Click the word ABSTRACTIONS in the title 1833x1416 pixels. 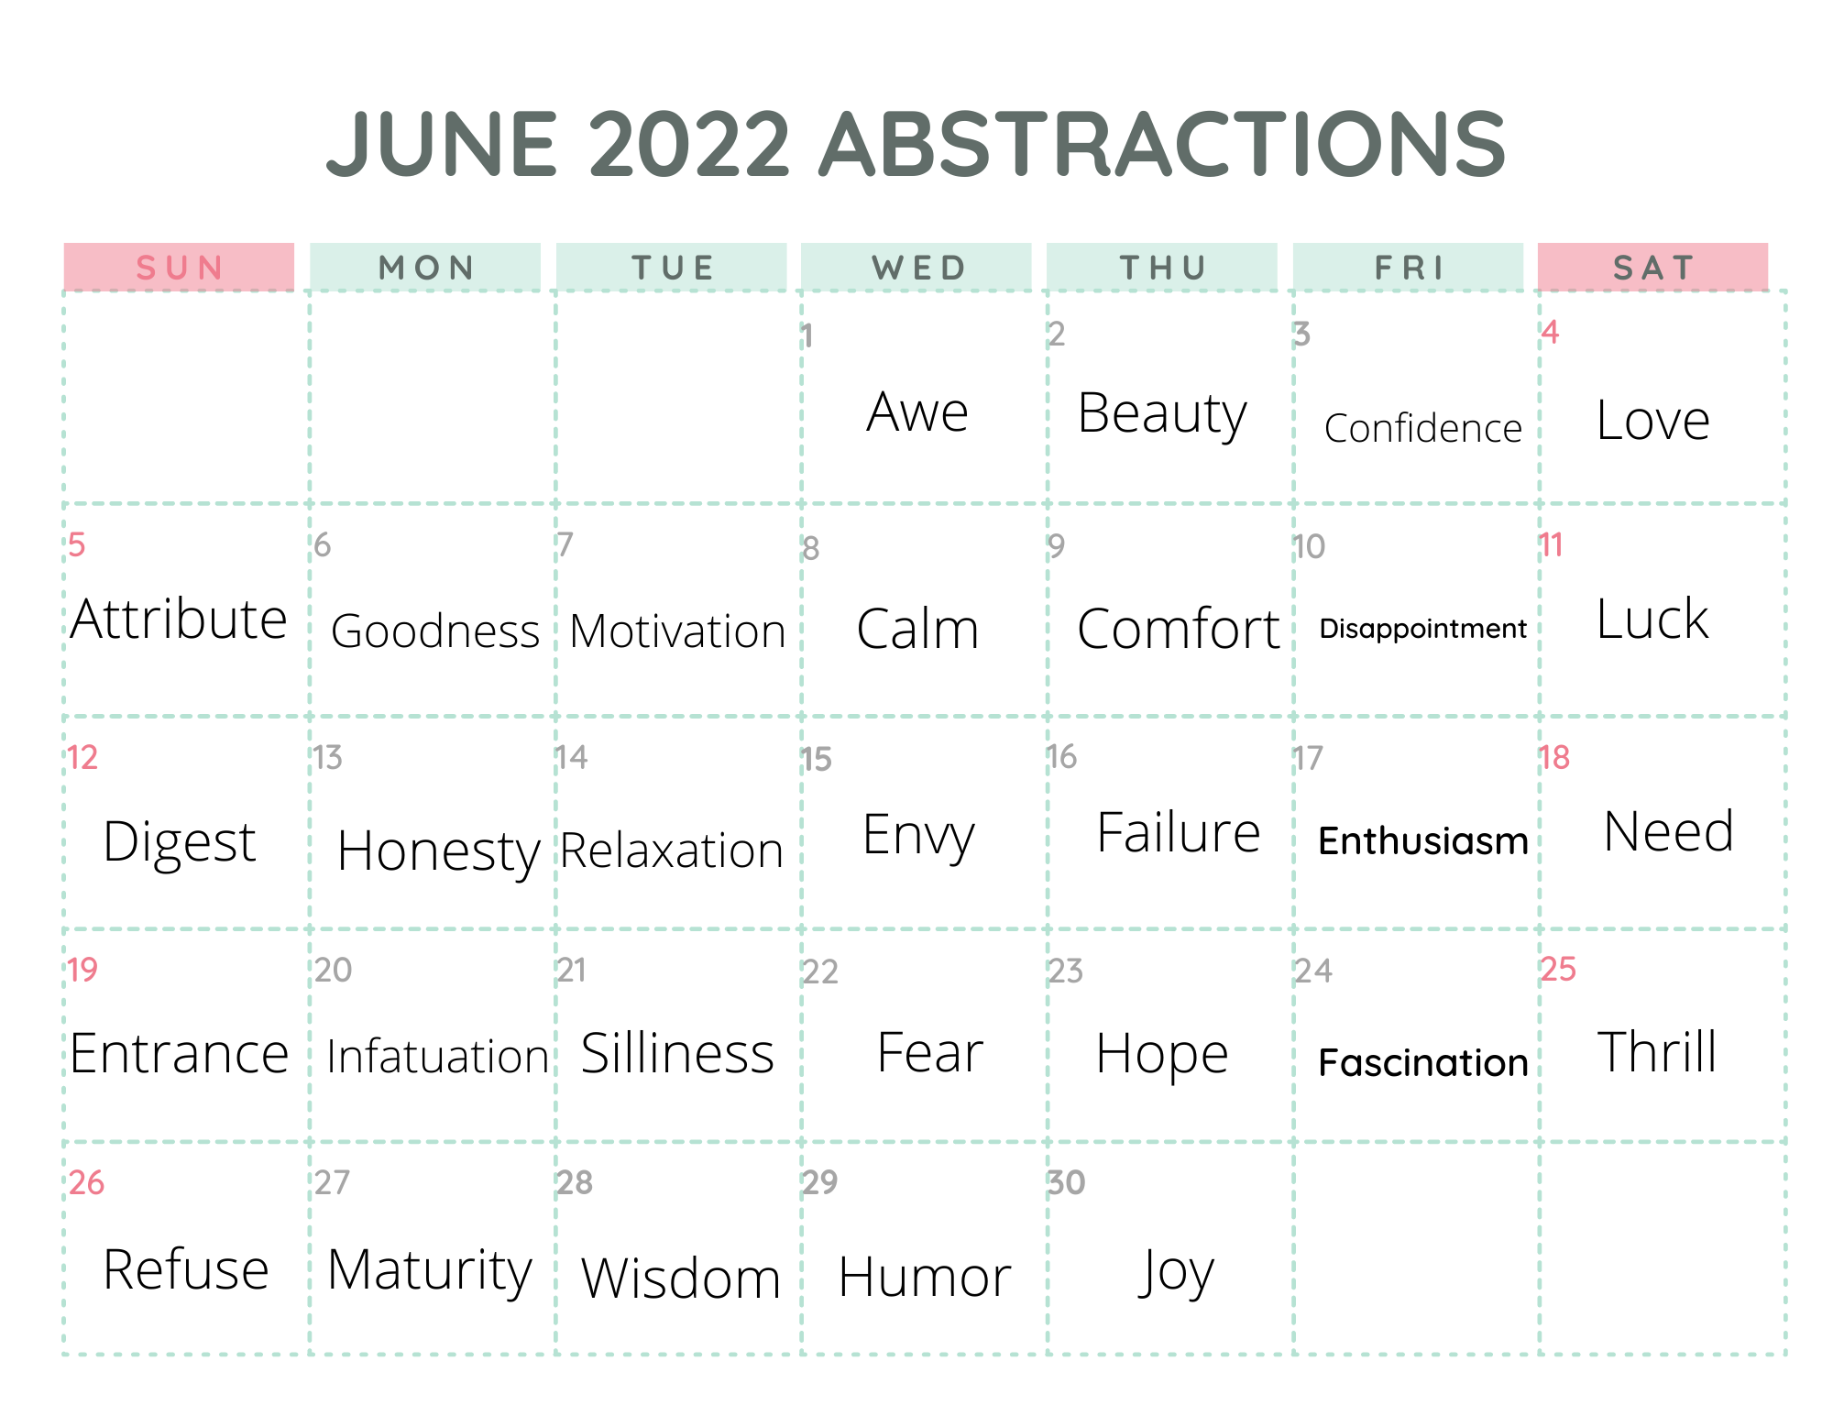pyautogui.click(x=1162, y=144)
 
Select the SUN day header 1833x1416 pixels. pyautogui.click(x=180, y=268)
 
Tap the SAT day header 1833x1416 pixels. pyautogui.click(x=1653, y=268)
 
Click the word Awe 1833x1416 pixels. pyautogui.click(x=917, y=412)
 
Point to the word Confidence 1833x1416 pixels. pyautogui.click(x=1423, y=428)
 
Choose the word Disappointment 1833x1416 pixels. pyautogui.click(x=1423, y=629)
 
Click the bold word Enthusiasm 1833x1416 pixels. pyautogui.click(x=1423, y=840)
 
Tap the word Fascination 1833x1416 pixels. pyautogui.click(x=1423, y=1062)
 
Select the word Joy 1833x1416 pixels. pyautogui.click(x=1176, y=1273)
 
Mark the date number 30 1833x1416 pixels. pyautogui.click(x=1067, y=1182)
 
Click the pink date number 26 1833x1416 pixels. pyautogui.click(x=86, y=1182)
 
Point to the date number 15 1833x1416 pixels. pyautogui.click(x=817, y=760)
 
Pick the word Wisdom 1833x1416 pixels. pyautogui.click(x=681, y=1278)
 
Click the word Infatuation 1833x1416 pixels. pyautogui.click(x=437, y=1056)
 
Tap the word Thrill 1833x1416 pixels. pyautogui.click(x=1657, y=1051)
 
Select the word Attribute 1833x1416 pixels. pyautogui.click(x=180, y=619)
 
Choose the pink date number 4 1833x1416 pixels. pyautogui.click(x=1550, y=332)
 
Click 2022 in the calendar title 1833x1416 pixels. pyautogui.click(x=689, y=144)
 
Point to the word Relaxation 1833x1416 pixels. pyautogui.click(x=672, y=851)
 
